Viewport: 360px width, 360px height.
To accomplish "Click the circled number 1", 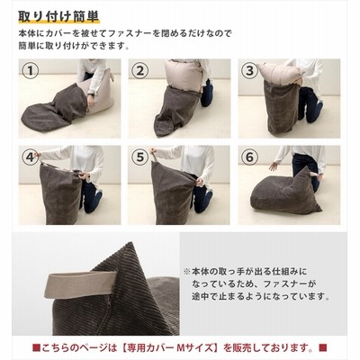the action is pyautogui.click(x=31, y=71).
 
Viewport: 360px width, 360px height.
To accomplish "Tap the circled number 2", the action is pyautogui.click(x=140, y=71).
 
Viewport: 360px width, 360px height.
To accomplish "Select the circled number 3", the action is pyautogui.click(x=250, y=71).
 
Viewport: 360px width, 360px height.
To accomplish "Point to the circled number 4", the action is pyautogui.click(x=31, y=157).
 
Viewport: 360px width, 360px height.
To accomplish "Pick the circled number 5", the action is pyautogui.click(x=140, y=157).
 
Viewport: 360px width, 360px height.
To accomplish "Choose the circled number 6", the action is pyautogui.click(x=250, y=157).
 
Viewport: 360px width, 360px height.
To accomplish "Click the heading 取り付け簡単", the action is pyautogui.click(x=58, y=16).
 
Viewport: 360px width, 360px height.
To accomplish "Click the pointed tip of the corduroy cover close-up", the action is pyautogui.click(x=130, y=243).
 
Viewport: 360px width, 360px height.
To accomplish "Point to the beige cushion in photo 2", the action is pyautogui.click(x=182, y=75).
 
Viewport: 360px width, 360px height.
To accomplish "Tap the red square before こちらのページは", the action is pyautogui.click(x=36, y=348).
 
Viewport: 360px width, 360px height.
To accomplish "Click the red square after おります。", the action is pyautogui.click(x=323, y=348).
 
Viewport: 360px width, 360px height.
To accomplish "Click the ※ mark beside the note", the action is pyautogui.click(x=187, y=272).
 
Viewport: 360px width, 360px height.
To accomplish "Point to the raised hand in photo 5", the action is pyautogui.click(x=154, y=151).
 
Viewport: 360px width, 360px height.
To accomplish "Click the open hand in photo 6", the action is pyautogui.click(x=274, y=166).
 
